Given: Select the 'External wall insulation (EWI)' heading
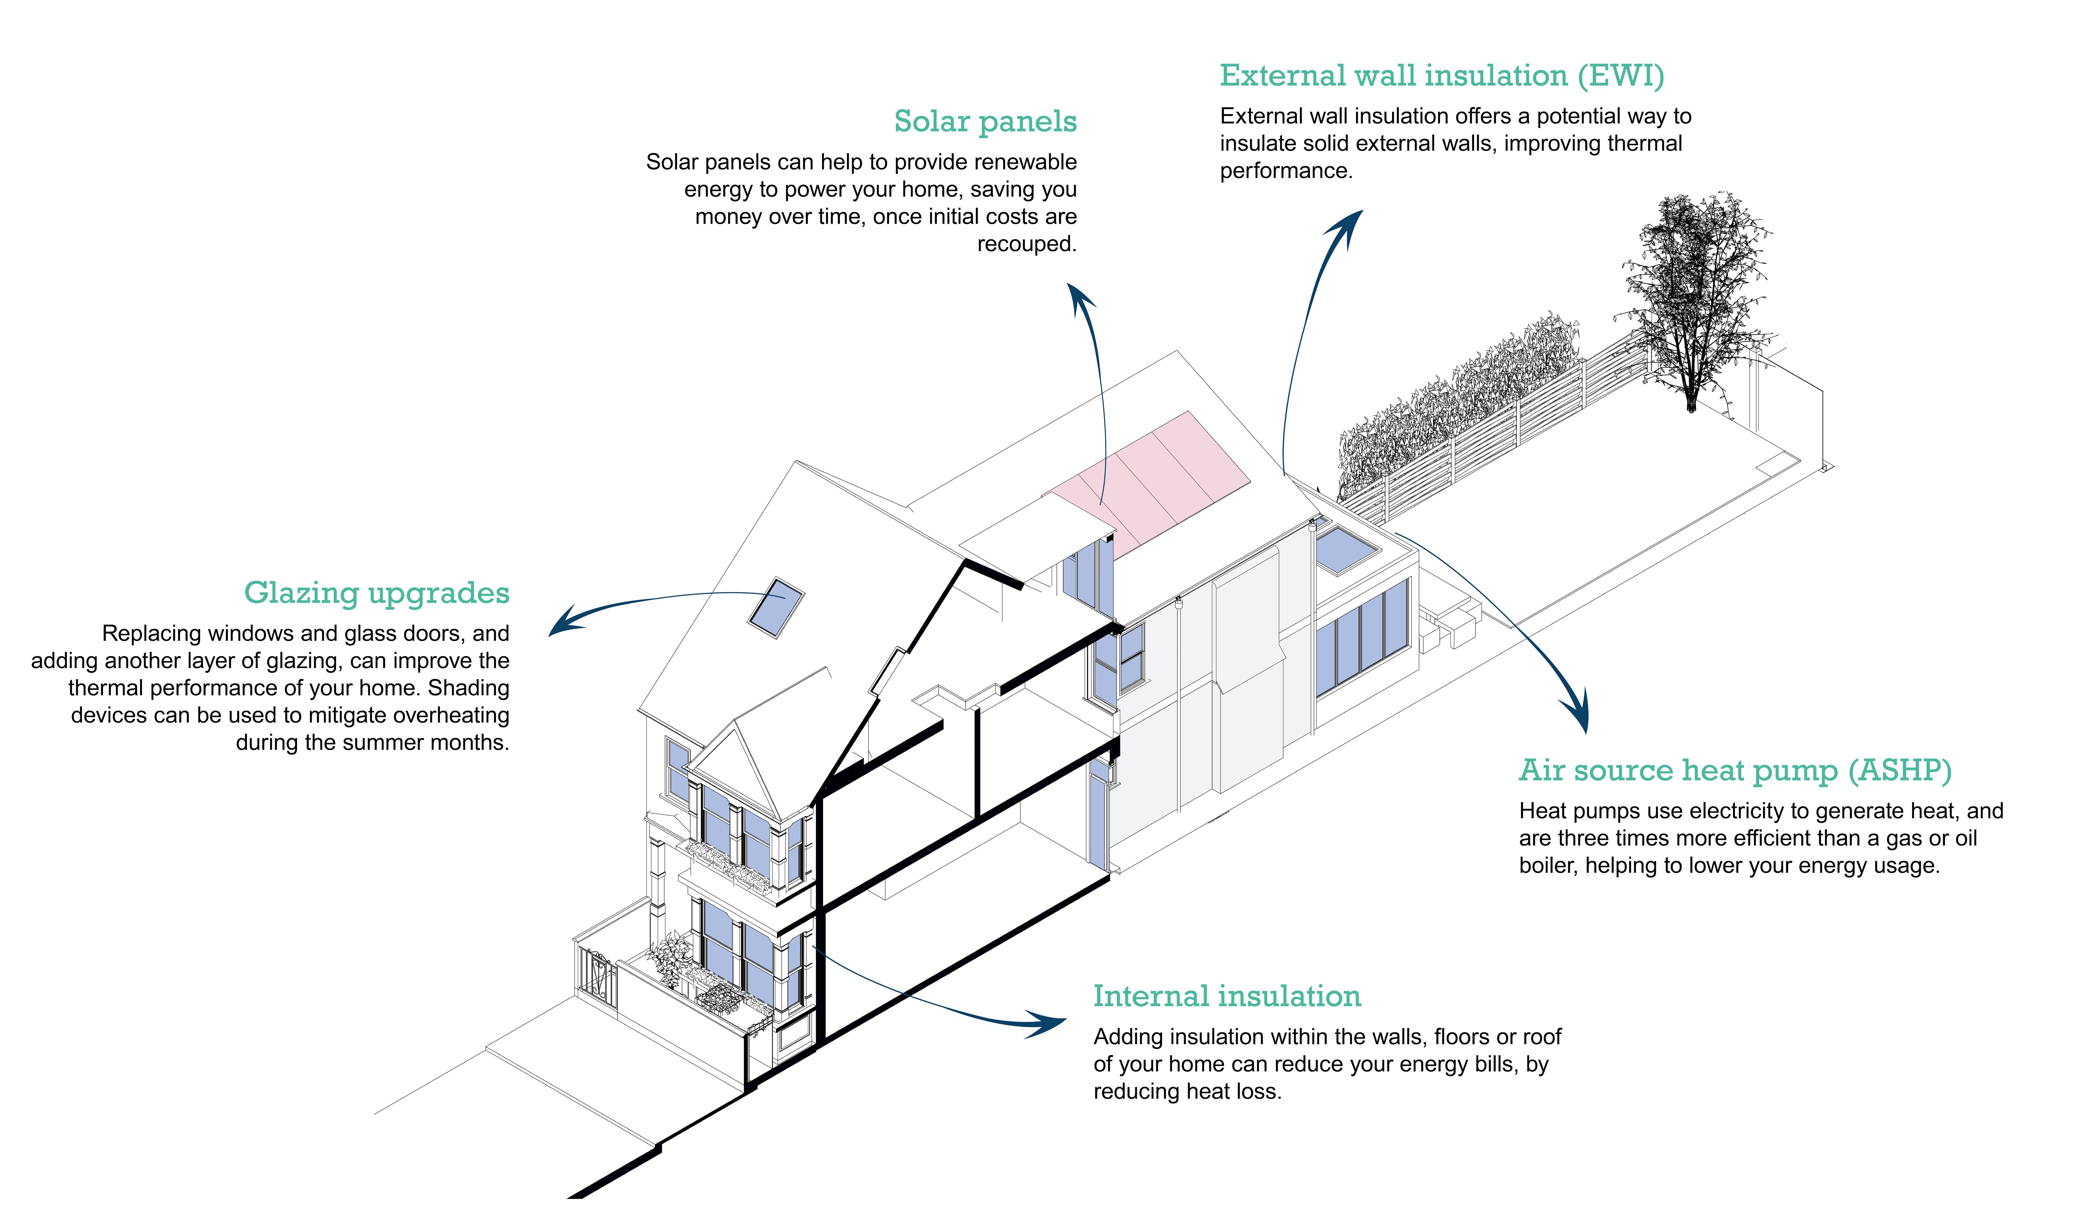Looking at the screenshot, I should pos(1441,76).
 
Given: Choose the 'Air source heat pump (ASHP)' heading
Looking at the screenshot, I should pos(1735,770).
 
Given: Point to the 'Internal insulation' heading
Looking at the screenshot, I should pos(1227,996).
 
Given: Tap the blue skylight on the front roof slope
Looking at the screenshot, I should pos(776,607).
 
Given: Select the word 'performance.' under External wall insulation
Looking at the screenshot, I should pos(1286,171).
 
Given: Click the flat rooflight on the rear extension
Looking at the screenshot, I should pos(1346,550).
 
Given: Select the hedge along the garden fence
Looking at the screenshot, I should pos(1455,405).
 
